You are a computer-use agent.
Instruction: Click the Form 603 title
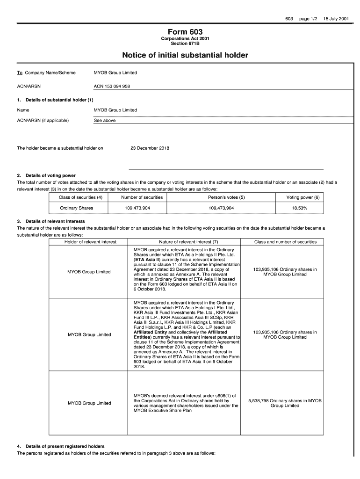tap(185, 32)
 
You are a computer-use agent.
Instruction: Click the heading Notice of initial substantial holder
tap(185, 56)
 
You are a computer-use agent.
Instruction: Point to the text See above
tap(105, 120)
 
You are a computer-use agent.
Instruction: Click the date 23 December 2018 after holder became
tap(150, 148)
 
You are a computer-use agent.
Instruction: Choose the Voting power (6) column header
tap(303, 197)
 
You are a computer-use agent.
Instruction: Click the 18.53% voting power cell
tap(303, 208)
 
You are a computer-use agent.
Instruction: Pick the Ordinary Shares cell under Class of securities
tap(77, 208)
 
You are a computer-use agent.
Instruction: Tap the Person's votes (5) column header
tap(226, 197)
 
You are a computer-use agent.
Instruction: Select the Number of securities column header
tap(142, 197)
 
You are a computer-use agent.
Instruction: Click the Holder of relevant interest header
tap(90, 242)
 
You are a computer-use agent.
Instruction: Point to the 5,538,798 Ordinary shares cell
tap(285, 403)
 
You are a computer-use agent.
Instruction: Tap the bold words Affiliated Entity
tap(151, 332)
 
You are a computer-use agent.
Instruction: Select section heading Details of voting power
tap(50, 175)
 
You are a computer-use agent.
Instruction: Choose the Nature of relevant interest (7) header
tap(189, 242)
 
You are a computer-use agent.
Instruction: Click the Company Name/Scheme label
tap(50, 73)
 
